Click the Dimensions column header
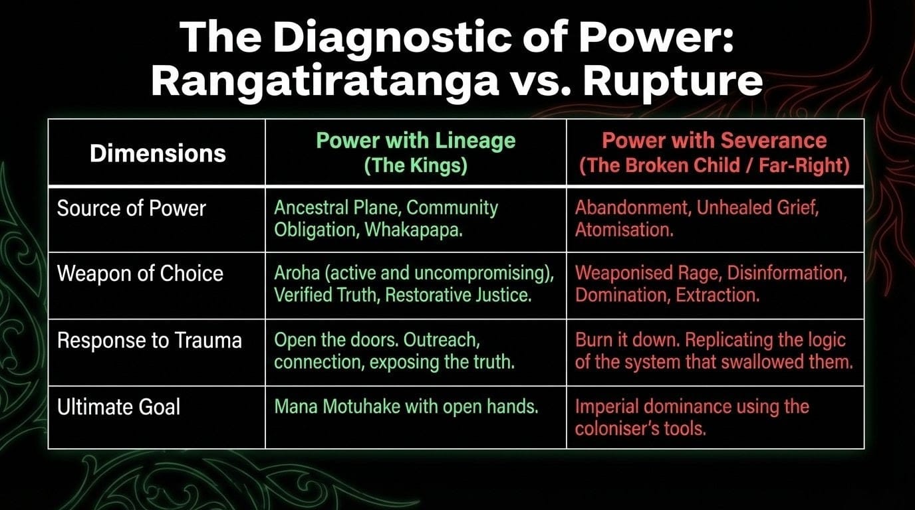click(158, 153)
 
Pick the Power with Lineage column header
click(416, 153)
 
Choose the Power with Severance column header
click(714, 153)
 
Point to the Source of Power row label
click(132, 209)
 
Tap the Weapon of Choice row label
click(140, 274)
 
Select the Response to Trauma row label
click(150, 341)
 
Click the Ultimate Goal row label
click(118, 406)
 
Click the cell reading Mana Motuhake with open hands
click(406, 406)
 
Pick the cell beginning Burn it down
click(710, 351)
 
